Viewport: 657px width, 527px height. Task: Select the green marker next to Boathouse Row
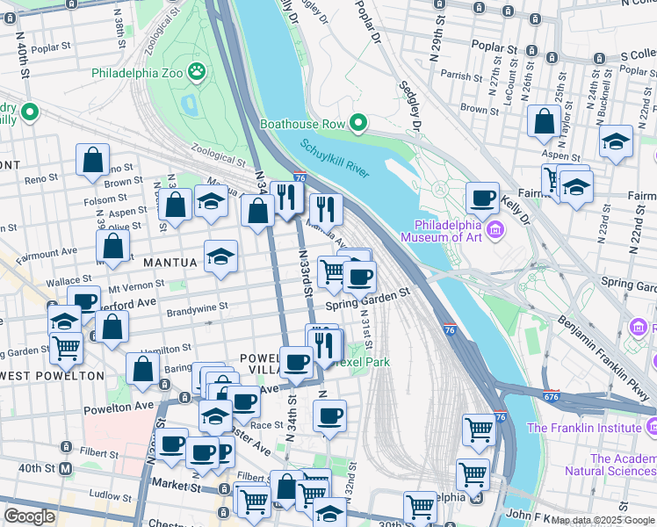358,124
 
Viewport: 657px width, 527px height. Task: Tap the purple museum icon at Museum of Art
496,230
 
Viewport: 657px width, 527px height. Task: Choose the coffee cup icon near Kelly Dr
481,198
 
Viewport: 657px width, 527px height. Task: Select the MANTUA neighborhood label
164,262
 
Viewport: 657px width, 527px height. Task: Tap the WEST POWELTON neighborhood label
53,376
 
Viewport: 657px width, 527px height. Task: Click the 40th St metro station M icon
66,468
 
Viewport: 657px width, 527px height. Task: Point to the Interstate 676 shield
551,396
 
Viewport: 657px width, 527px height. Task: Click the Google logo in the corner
30,516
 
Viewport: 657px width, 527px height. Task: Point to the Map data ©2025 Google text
603,521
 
